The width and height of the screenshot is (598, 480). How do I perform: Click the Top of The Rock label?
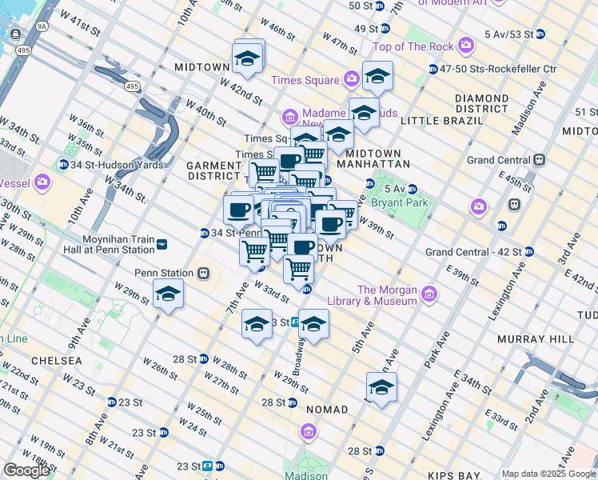point(413,47)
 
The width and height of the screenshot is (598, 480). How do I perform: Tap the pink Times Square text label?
point(305,80)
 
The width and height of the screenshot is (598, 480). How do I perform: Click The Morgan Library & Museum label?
point(387,295)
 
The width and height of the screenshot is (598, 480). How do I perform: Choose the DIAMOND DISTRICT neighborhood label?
point(481,103)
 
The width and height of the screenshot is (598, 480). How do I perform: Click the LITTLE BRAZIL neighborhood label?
point(441,121)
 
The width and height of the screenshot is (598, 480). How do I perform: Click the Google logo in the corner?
point(26,470)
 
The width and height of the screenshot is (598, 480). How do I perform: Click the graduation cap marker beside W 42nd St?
point(248,58)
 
